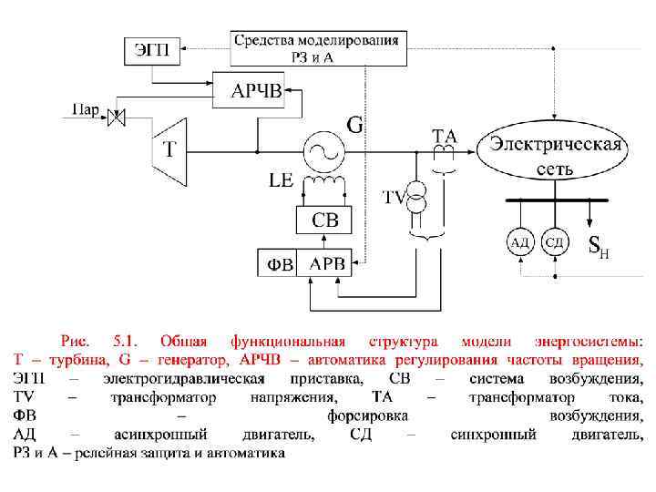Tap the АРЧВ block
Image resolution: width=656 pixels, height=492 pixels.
click(x=249, y=90)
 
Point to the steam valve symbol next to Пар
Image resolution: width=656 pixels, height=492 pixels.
click(x=117, y=116)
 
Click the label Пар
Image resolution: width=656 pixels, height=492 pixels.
click(x=86, y=110)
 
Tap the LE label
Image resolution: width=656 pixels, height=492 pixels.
click(x=280, y=181)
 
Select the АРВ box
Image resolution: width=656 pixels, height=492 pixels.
click(x=326, y=264)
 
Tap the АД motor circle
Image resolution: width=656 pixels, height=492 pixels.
click(x=519, y=241)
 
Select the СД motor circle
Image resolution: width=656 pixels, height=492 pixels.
click(x=553, y=241)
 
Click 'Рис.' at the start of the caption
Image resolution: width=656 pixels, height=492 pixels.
click(x=76, y=342)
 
